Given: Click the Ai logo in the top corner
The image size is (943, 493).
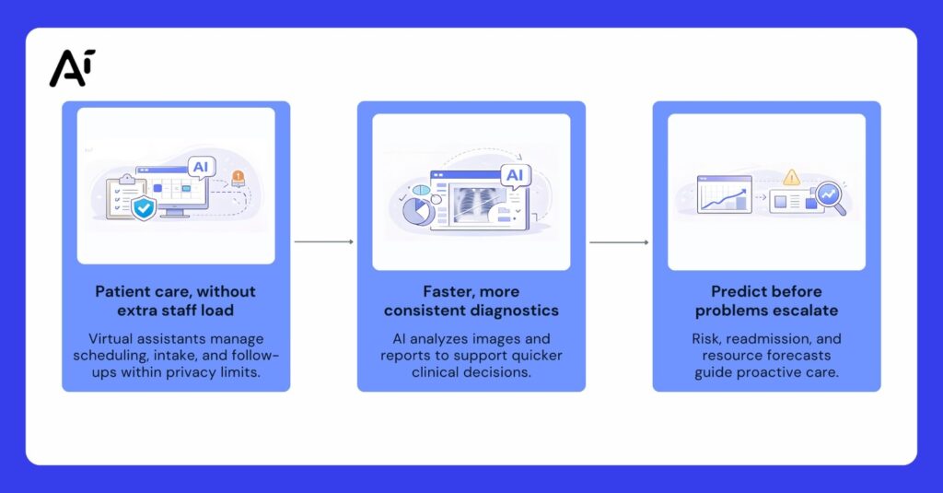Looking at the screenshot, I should tap(72, 68).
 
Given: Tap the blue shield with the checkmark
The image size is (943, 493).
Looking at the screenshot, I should tap(144, 207).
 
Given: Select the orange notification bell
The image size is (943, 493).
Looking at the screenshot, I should tap(238, 177).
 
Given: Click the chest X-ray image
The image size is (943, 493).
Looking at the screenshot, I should tap(471, 200).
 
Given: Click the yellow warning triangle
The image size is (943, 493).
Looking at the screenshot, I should tap(791, 177).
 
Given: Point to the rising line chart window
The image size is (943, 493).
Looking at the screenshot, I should tap(724, 194).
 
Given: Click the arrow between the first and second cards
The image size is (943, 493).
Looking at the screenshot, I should tap(323, 242).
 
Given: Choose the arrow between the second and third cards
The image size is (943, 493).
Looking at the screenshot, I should tap(619, 242).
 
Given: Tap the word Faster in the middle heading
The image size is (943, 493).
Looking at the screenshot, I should tap(449, 291).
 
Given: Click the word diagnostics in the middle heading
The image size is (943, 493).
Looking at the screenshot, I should tap(514, 311).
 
